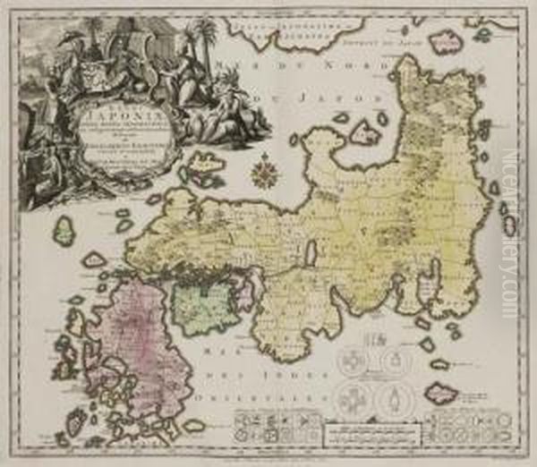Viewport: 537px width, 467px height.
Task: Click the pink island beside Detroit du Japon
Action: (x=445, y=40)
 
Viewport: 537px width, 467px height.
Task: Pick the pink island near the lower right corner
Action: (x=440, y=392)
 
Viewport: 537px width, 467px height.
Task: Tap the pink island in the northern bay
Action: (x=364, y=133)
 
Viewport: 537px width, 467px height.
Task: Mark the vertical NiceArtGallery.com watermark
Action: (x=510, y=233)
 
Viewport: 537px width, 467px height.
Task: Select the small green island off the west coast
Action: (x=64, y=232)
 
